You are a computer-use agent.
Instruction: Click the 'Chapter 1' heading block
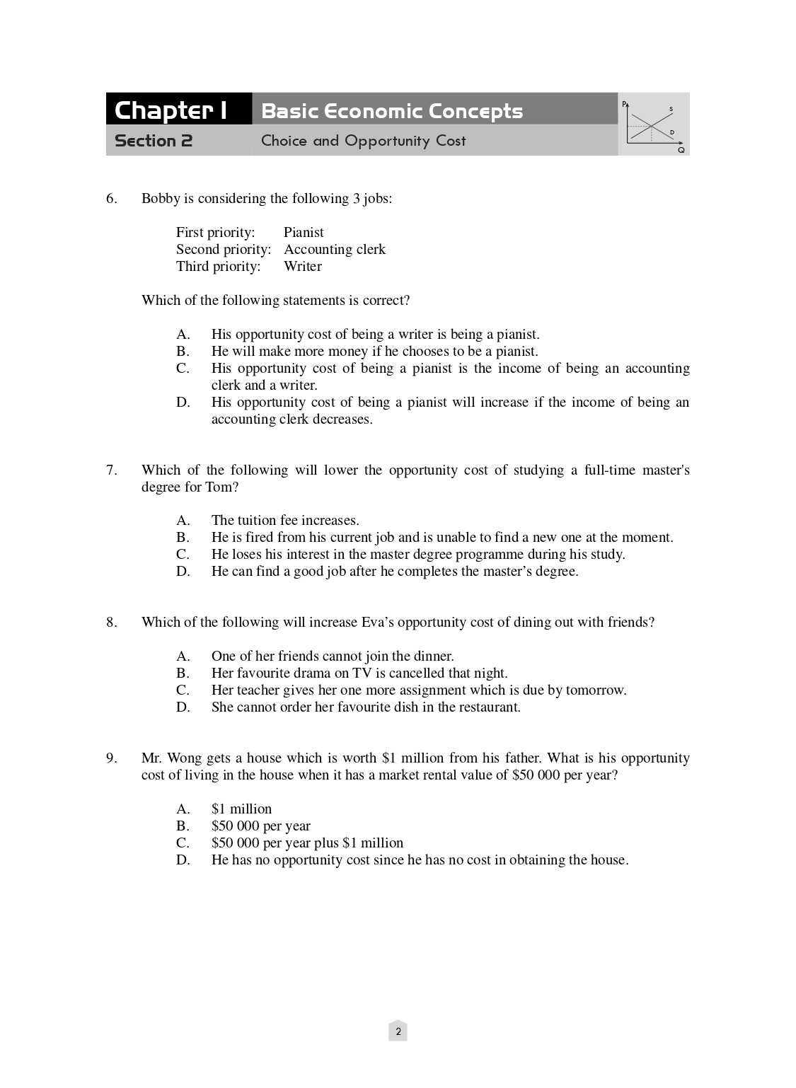tap(171, 110)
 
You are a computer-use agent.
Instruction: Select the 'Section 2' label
tap(154, 141)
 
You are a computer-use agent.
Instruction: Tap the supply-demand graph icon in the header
tap(654, 125)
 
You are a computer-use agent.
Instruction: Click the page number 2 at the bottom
tap(398, 1031)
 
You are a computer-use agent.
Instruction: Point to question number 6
tap(112, 198)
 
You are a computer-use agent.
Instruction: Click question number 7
tap(112, 470)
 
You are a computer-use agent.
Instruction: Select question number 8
tap(112, 622)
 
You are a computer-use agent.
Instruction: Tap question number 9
tap(112, 758)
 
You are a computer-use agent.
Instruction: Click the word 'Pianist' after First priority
tap(304, 232)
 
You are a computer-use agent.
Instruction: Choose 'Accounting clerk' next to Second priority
tap(335, 249)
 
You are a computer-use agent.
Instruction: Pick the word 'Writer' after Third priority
tap(302, 266)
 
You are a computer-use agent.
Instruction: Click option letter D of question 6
tap(183, 402)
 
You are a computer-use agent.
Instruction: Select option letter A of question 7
tap(183, 520)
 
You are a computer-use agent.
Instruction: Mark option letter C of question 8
tap(183, 690)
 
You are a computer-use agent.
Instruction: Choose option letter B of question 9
tap(183, 826)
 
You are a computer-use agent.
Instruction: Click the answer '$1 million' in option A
tap(241, 809)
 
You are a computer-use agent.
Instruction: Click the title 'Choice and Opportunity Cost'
tap(364, 141)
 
